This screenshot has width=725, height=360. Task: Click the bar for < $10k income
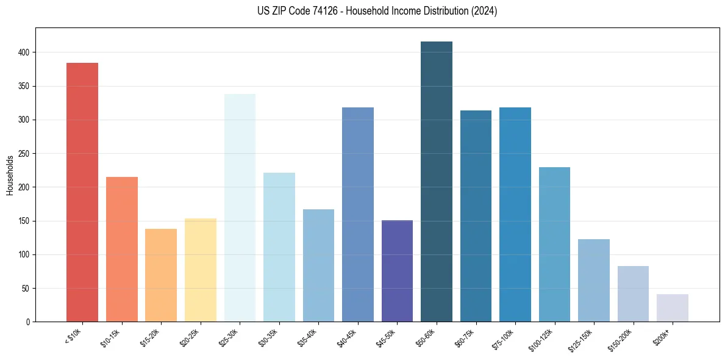coord(82,192)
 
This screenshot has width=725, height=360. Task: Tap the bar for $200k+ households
coord(673,308)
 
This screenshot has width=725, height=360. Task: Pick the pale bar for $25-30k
coord(240,208)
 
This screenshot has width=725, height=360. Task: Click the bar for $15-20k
coord(161,275)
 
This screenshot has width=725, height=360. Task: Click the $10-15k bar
coord(122,250)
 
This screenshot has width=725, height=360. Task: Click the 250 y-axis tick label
coord(26,154)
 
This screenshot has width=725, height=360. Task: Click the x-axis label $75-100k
coord(504,337)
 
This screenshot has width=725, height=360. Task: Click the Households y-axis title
coord(10,175)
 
